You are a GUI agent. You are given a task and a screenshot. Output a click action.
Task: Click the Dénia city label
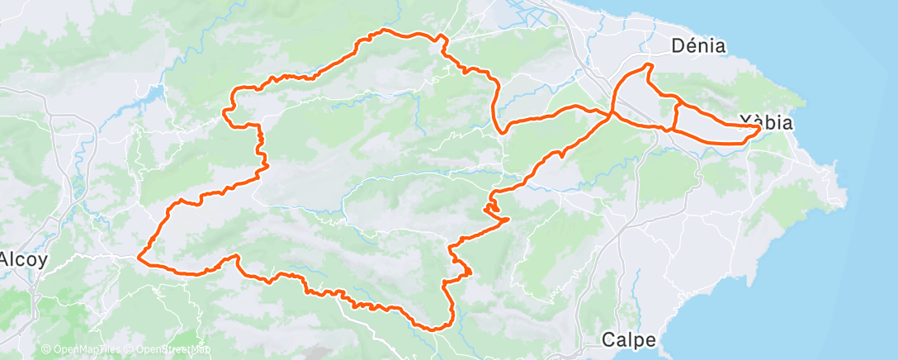pyautogui.click(x=698, y=46)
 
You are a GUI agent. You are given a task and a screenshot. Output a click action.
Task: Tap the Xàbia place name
pyautogui.click(x=767, y=123)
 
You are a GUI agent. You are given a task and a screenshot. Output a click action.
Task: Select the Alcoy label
pyautogui.click(x=23, y=258)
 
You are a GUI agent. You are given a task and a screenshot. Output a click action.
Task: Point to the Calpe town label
pyautogui.click(x=629, y=339)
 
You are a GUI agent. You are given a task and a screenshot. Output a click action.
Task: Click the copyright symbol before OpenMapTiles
pyautogui.click(x=46, y=350)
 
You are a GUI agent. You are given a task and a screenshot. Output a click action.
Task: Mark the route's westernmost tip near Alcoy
pyautogui.click(x=138, y=258)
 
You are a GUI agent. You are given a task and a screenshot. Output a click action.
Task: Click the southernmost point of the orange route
pyautogui.click(x=433, y=329)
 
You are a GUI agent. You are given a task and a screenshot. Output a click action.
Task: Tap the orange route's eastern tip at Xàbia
pyautogui.click(x=759, y=127)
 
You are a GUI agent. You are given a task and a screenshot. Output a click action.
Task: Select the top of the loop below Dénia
pyautogui.click(x=649, y=64)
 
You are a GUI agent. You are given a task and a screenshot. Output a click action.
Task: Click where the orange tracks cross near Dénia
pyautogui.click(x=612, y=114)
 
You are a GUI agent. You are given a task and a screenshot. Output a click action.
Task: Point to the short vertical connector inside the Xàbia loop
pyautogui.click(x=676, y=116)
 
